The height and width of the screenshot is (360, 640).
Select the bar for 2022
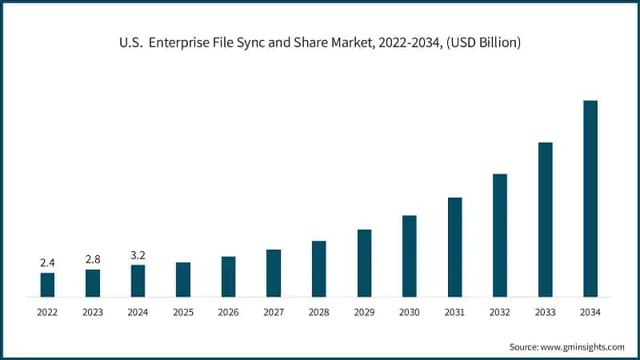pyautogui.click(x=47, y=285)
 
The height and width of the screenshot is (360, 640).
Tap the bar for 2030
pyautogui.click(x=409, y=256)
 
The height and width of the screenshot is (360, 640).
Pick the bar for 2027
pyautogui.click(x=274, y=273)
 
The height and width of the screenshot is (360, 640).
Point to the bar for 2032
pyautogui.click(x=500, y=235)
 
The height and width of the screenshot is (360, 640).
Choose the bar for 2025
pyautogui.click(x=183, y=279)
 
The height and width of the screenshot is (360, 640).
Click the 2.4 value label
pyautogui.click(x=47, y=262)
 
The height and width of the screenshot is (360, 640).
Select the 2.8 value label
pyautogui.click(x=93, y=259)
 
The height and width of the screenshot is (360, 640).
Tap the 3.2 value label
pyautogui.click(x=138, y=255)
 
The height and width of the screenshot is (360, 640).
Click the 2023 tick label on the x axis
pyautogui.click(x=93, y=312)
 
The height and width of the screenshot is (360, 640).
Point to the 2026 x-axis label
pyautogui.click(x=228, y=312)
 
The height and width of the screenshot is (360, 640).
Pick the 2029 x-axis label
pyautogui.click(x=364, y=312)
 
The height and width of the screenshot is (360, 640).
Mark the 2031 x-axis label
pyautogui.click(x=454, y=312)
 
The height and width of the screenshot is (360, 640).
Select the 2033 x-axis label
pyautogui.click(x=545, y=312)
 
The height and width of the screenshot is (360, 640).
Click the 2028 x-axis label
pyautogui.click(x=318, y=312)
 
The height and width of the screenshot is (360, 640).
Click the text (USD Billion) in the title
pyautogui.click(x=480, y=42)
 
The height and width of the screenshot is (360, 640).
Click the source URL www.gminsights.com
pyautogui.click(x=582, y=346)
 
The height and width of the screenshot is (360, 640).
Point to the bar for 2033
pyautogui.click(x=545, y=219)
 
